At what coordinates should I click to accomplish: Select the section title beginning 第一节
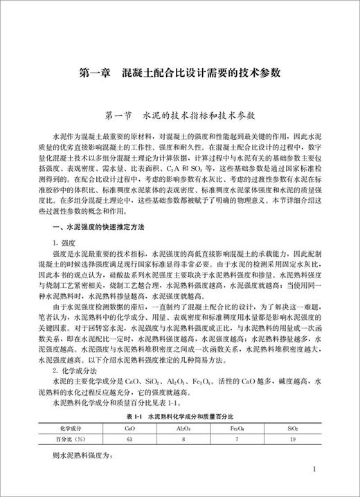(x=179, y=113)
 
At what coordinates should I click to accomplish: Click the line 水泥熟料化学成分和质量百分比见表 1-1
(x=120, y=410)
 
